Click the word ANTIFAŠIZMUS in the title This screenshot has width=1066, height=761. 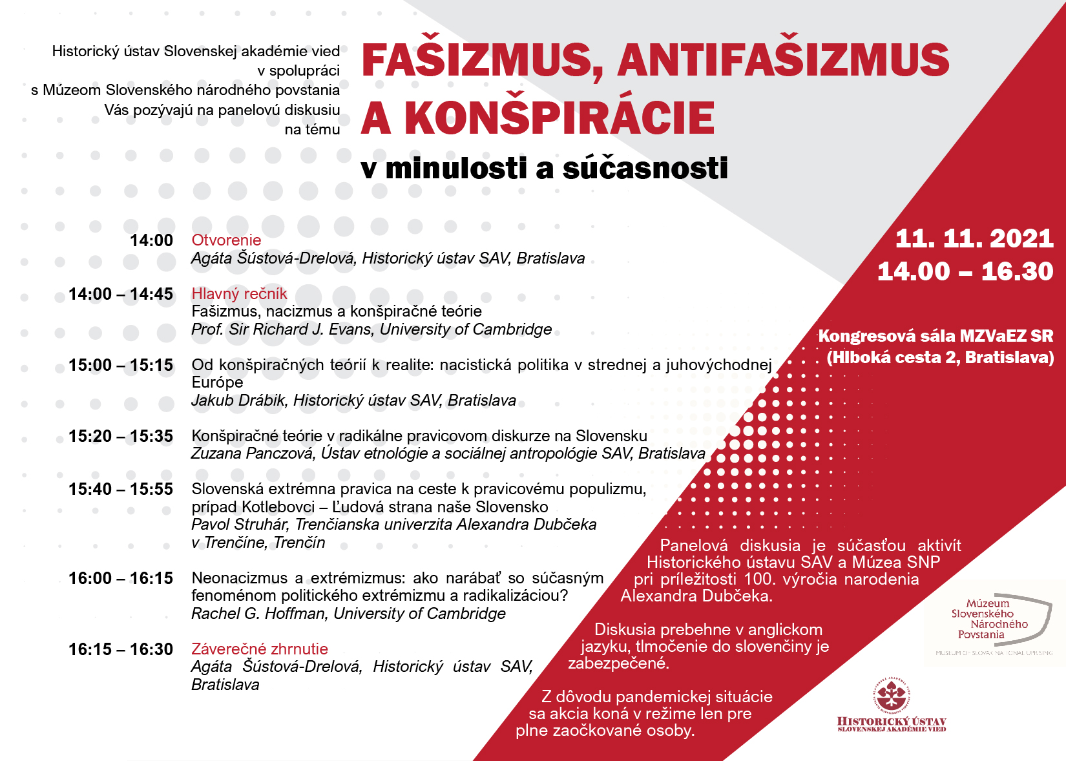(x=783, y=60)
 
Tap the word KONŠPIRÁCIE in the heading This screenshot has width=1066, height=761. (x=559, y=118)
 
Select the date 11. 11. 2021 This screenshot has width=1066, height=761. (x=974, y=239)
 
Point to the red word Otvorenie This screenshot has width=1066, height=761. (x=226, y=240)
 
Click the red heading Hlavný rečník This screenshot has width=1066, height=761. (x=239, y=294)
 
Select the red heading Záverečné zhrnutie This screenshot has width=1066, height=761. (x=260, y=649)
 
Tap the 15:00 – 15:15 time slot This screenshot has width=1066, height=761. (x=121, y=365)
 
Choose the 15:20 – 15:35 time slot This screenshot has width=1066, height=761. (x=121, y=436)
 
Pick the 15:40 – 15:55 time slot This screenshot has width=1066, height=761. (x=121, y=489)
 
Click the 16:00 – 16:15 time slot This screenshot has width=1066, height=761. (x=121, y=578)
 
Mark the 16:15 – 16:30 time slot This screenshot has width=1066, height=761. (x=121, y=649)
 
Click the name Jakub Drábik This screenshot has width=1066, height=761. (x=238, y=401)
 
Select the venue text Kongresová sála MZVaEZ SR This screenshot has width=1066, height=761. (x=935, y=336)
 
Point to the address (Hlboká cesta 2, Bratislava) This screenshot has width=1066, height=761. (x=940, y=357)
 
